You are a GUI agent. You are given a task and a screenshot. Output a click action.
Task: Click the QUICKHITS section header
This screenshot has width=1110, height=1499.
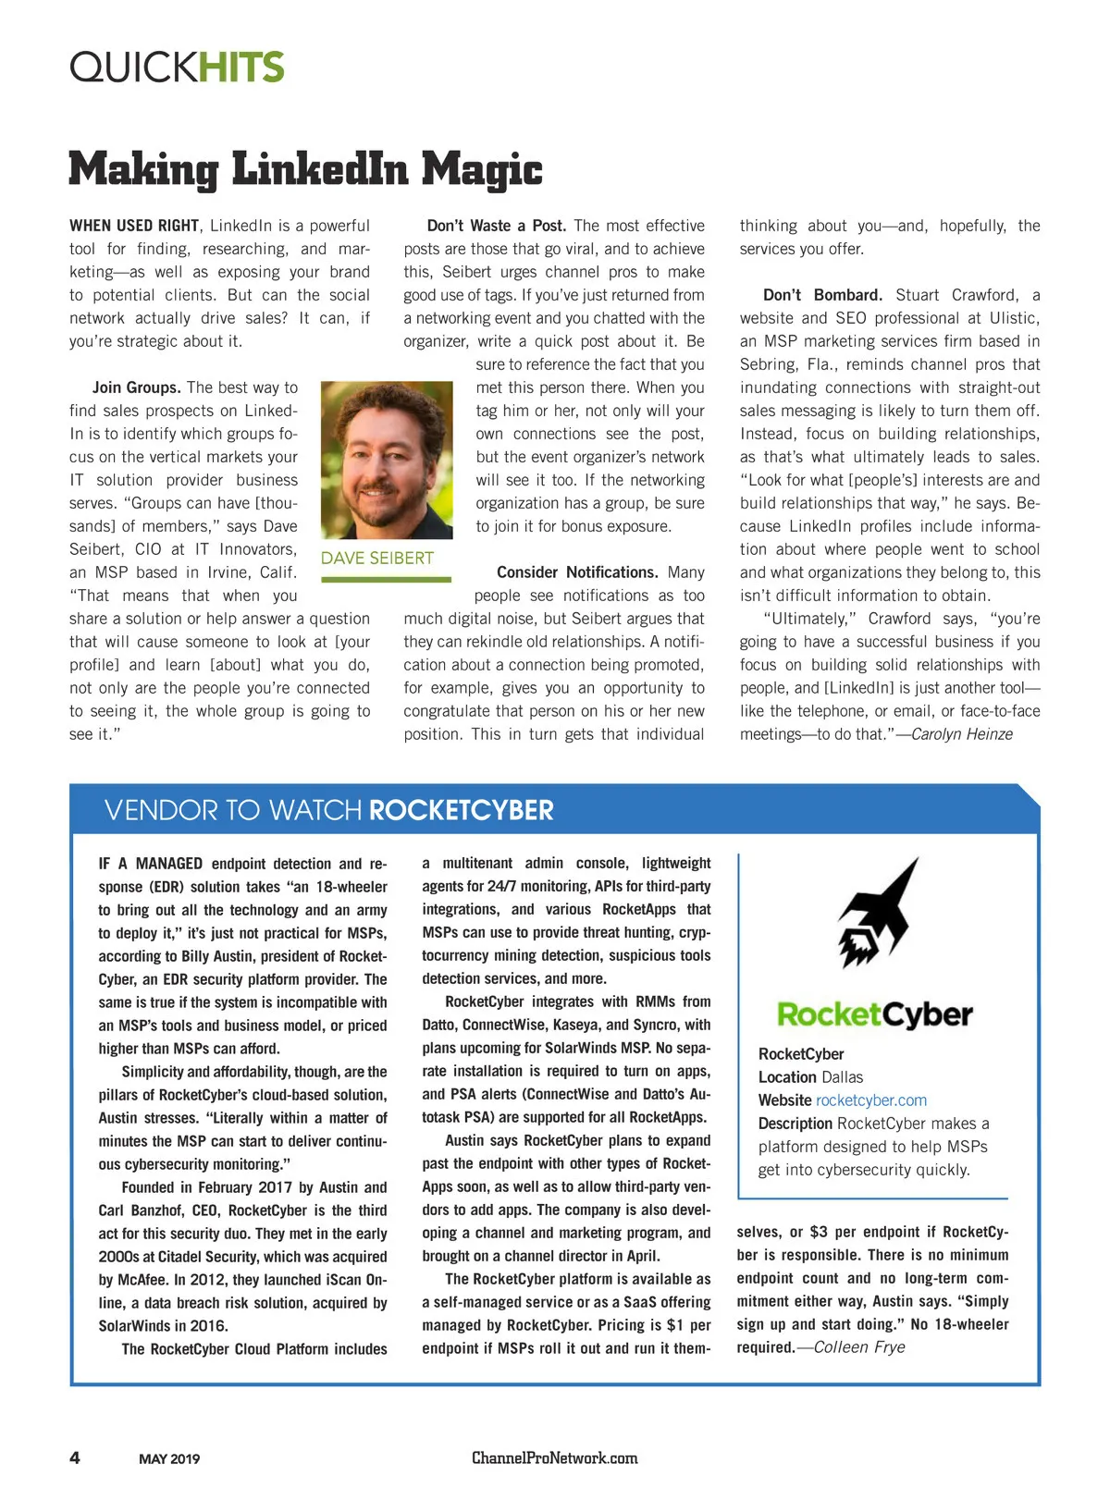[177, 67]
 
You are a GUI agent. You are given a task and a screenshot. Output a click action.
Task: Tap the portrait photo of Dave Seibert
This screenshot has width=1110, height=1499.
[387, 460]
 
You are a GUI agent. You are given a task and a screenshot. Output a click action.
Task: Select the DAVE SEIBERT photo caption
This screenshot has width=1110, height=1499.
[377, 559]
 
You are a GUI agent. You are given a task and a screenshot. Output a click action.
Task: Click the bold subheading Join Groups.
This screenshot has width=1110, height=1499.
[136, 387]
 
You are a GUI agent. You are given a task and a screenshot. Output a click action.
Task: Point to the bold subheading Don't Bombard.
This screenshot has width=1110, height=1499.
[822, 295]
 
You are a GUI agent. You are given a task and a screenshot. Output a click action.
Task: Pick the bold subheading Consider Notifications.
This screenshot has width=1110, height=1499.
[577, 572]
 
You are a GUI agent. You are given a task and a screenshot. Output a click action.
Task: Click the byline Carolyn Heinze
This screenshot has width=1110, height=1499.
[962, 734]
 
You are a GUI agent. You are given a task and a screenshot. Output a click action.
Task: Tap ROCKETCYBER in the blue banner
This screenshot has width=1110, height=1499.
[461, 811]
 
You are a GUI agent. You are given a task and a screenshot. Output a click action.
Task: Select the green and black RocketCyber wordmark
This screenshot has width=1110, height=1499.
[874, 1014]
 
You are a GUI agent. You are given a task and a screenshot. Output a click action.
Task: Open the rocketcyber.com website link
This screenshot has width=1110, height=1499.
[870, 1100]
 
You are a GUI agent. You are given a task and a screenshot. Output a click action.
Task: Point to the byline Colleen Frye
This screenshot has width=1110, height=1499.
[859, 1347]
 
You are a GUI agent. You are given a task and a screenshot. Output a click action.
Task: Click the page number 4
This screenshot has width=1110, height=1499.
[75, 1458]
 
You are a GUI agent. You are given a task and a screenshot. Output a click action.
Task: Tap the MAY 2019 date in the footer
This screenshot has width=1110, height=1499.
[169, 1459]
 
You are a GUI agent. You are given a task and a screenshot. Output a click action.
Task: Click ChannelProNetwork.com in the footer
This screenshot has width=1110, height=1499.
[554, 1458]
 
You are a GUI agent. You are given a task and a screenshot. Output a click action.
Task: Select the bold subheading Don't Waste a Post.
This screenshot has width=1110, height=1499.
[497, 226]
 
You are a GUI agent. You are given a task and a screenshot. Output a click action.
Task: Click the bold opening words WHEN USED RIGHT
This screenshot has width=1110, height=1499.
[134, 226]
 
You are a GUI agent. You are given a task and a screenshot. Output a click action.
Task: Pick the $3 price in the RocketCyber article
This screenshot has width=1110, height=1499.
[819, 1232]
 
